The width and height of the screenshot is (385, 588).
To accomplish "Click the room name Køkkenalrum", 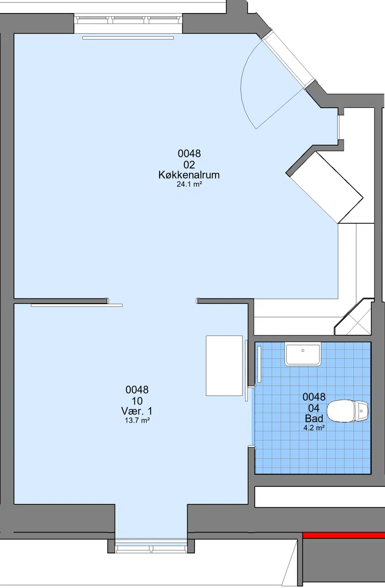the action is coord(189,175).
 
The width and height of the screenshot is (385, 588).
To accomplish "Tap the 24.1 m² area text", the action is coord(189,184).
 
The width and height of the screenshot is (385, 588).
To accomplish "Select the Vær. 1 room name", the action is coord(137,411).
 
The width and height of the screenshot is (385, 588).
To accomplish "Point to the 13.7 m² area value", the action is coord(137,421).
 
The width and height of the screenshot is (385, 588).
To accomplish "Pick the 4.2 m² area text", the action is coord(314,428).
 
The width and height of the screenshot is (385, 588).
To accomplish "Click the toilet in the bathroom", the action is coord(347,411).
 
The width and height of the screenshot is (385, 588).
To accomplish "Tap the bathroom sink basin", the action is coord(303,354).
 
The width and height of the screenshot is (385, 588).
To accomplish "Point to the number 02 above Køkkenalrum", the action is coord(189,165).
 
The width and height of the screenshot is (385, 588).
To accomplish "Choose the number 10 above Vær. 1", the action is coord(137,401).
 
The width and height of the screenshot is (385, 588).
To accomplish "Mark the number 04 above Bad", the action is coord(314,408).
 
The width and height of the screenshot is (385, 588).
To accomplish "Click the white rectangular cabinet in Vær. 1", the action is coord(224,365).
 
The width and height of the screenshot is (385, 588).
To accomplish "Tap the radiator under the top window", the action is coord(128,38).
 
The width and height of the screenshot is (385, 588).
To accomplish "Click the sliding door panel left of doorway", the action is coord(77,305).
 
